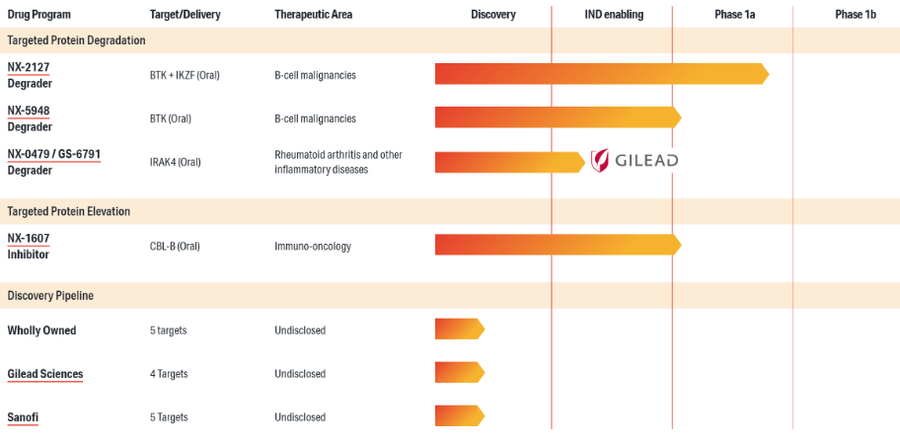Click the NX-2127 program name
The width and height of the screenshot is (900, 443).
(x=28, y=67)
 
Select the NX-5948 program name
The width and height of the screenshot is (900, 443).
(x=29, y=111)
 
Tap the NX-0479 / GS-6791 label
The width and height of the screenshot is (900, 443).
(x=53, y=154)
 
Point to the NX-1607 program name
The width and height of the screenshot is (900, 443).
(x=28, y=239)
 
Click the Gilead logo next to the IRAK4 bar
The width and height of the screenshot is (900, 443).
(x=634, y=161)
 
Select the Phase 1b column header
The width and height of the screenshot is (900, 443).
(x=855, y=15)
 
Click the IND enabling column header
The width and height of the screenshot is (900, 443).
(x=612, y=15)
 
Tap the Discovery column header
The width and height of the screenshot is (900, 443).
(x=492, y=15)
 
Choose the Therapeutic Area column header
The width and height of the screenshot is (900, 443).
(x=313, y=15)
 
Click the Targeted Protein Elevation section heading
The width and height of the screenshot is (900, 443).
(x=69, y=211)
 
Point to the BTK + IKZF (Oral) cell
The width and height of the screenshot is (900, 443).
(x=185, y=75)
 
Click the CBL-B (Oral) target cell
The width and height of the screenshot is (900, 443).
(x=175, y=247)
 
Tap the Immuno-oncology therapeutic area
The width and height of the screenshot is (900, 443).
(x=313, y=247)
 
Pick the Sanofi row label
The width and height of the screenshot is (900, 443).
(x=23, y=417)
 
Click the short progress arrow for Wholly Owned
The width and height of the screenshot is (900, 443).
(x=459, y=330)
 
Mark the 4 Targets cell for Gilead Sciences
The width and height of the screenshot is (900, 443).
(x=169, y=374)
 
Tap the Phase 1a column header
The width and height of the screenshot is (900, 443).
(x=735, y=15)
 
